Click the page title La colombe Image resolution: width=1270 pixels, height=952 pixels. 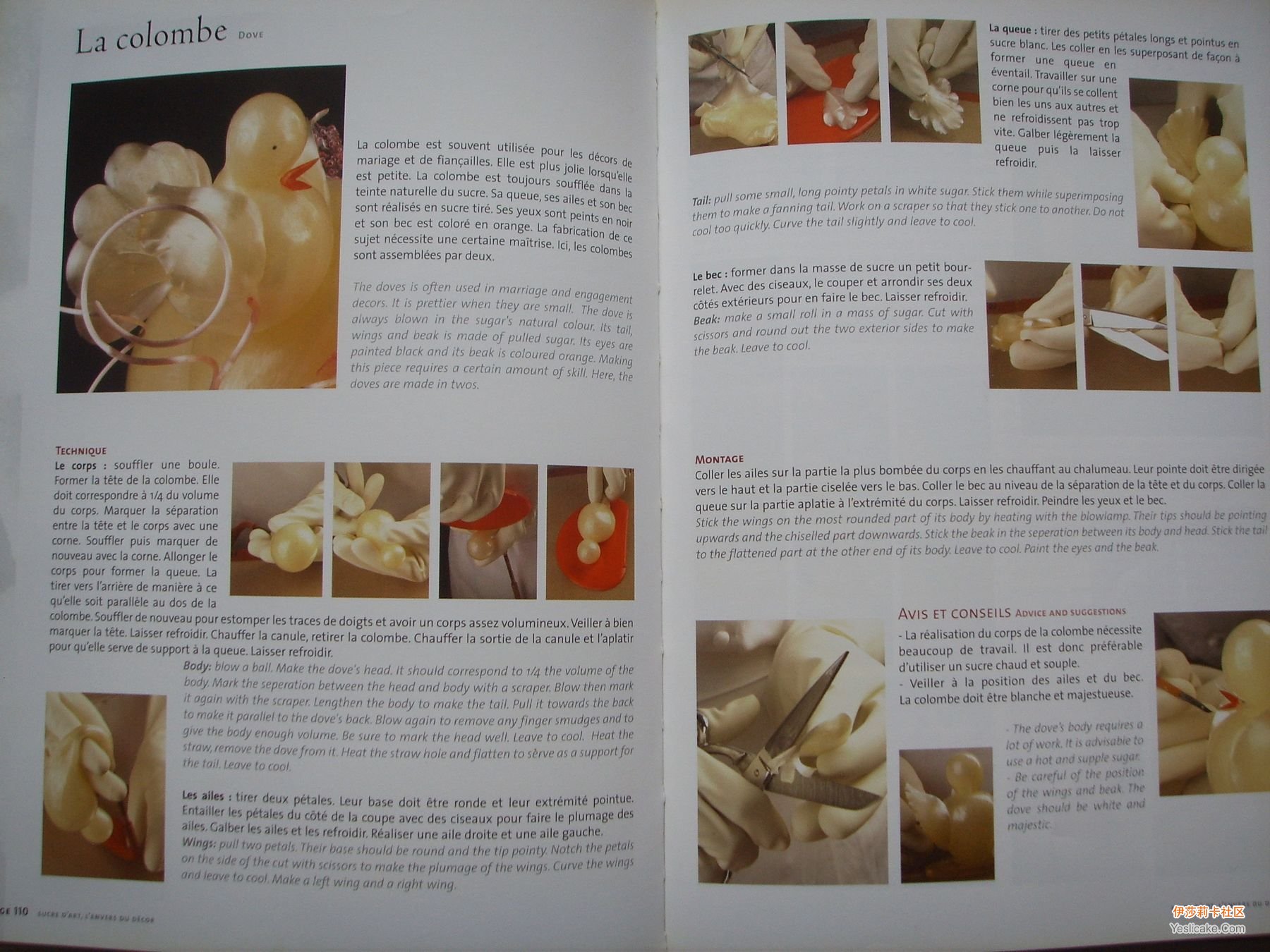(151, 37)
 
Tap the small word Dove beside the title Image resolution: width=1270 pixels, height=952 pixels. (250, 34)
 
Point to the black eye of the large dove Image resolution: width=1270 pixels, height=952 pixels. (273, 148)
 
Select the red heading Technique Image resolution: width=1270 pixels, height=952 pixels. (81, 451)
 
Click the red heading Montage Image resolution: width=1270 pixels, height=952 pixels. (720, 459)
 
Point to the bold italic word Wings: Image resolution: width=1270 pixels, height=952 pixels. (198, 843)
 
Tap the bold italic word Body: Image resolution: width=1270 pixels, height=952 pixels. (197, 666)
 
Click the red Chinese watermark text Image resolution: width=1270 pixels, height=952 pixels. (1209, 912)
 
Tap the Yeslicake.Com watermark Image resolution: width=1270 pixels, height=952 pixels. (1207, 928)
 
